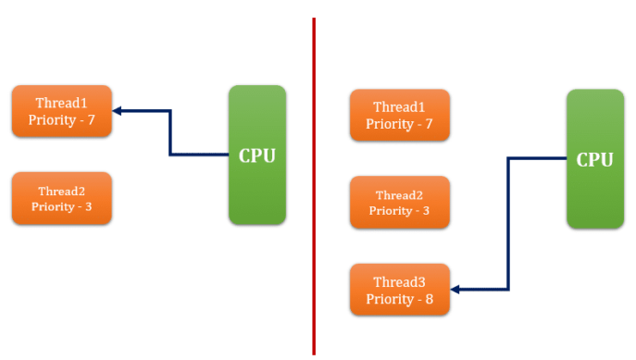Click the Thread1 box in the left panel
[x=62, y=111]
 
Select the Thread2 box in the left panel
[x=62, y=198]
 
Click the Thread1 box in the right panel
[x=400, y=115]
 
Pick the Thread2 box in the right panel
[x=400, y=202]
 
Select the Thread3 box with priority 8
[x=400, y=290]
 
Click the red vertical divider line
[x=314, y=185]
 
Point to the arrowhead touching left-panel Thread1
[x=118, y=111]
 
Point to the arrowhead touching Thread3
[x=456, y=290]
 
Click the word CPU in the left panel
[x=257, y=155]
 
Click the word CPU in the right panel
[x=594, y=159]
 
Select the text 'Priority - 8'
[x=400, y=299]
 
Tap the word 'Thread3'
[x=400, y=281]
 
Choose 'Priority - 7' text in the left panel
[x=62, y=120]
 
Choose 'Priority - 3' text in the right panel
[x=400, y=211]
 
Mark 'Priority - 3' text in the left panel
[x=62, y=206]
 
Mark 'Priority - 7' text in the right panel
[x=400, y=124]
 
